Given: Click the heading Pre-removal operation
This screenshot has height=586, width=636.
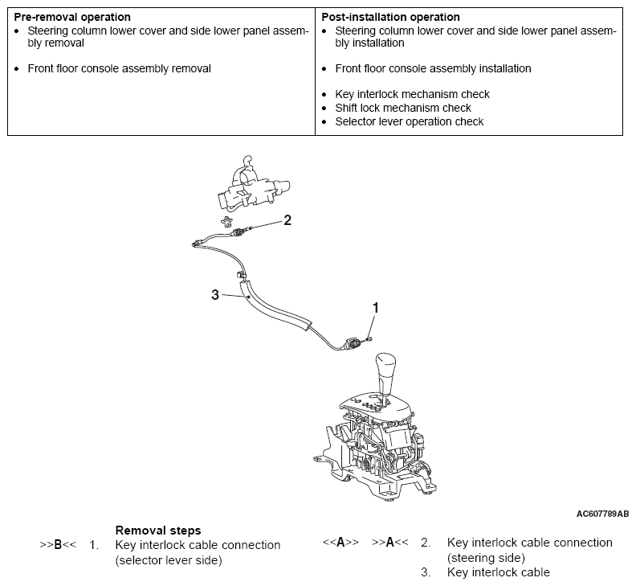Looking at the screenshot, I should (x=72, y=17).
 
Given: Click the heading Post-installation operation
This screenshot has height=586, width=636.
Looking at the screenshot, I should (x=390, y=17).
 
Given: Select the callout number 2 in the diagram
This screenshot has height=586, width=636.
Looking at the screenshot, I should (x=287, y=220).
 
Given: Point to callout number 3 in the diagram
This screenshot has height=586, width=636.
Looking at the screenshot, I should (x=215, y=295).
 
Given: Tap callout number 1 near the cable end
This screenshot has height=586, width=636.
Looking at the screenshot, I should (x=375, y=307).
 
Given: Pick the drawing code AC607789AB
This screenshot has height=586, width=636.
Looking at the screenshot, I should (x=602, y=513).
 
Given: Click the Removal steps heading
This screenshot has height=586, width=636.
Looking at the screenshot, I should (x=158, y=531).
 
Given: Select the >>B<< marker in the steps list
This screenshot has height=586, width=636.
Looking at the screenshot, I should (x=58, y=545).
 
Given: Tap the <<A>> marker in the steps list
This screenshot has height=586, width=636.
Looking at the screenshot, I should (x=340, y=543).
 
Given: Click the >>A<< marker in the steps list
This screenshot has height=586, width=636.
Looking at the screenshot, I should (x=390, y=543).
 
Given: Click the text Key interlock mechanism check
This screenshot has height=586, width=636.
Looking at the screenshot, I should (x=412, y=94).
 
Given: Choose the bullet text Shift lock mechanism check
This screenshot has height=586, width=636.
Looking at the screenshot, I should (x=402, y=108).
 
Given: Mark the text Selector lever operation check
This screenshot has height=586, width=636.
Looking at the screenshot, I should (x=409, y=121).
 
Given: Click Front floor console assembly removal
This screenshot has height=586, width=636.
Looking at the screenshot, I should (x=119, y=69).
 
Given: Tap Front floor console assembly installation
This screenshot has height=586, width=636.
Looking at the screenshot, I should (x=433, y=69).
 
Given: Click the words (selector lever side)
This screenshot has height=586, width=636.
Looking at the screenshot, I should (x=168, y=559).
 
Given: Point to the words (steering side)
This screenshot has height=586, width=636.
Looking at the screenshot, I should (x=486, y=557).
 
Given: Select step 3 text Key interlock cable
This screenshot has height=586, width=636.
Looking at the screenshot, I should (x=498, y=572).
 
